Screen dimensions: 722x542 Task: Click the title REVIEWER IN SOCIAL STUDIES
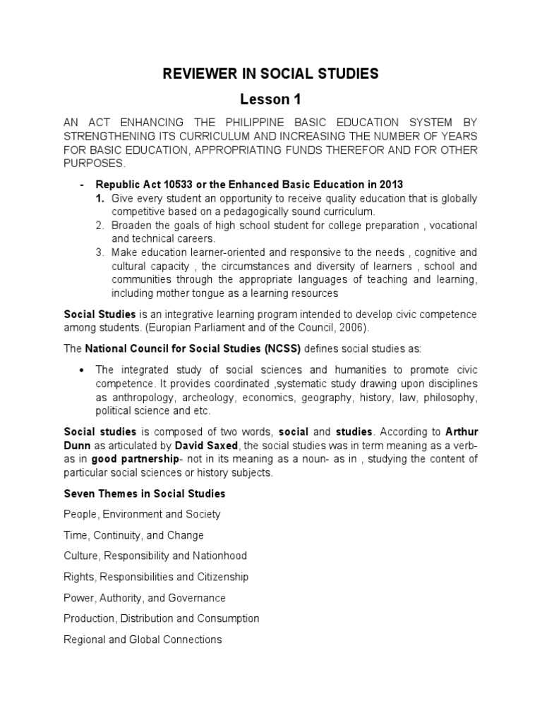pyautogui.click(x=271, y=73)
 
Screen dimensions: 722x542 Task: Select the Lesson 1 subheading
pyautogui.click(x=271, y=100)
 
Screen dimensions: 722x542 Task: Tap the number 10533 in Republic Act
pyautogui.click(x=172, y=185)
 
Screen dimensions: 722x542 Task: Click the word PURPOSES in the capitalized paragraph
pyautogui.click(x=93, y=163)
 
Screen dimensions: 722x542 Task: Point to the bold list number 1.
pyautogui.click(x=100, y=198)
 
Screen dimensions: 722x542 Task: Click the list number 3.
pyautogui.click(x=100, y=252)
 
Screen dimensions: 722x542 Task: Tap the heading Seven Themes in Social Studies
pyautogui.click(x=145, y=494)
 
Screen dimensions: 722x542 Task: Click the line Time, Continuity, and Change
pyautogui.click(x=133, y=535)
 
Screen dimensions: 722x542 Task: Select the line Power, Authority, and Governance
pyautogui.click(x=145, y=598)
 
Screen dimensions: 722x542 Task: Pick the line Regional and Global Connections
pyautogui.click(x=143, y=640)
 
